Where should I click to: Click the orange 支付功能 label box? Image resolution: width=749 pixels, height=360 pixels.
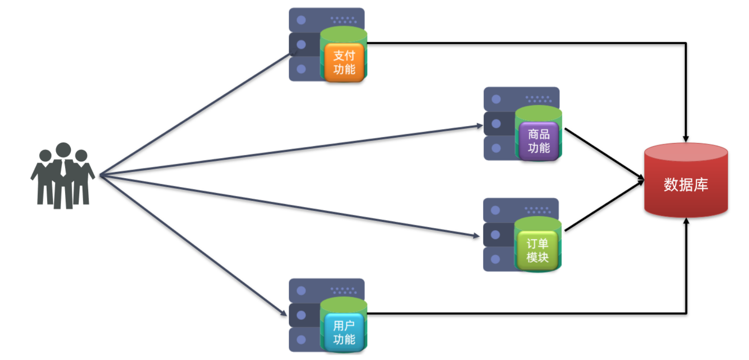click(x=344, y=62)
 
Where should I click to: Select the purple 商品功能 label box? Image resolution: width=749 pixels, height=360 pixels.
click(x=539, y=141)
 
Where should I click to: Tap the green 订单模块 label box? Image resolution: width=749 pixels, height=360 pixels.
click(x=537, y=250)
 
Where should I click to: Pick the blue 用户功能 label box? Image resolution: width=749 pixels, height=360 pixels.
click(x=344, y=332)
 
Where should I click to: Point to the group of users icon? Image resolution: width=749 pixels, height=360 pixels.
click(x=62, y=176)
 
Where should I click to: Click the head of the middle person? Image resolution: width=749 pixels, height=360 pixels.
click(x=63, y=150)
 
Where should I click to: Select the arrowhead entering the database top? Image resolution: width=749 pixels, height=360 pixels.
click(x=686, y=139)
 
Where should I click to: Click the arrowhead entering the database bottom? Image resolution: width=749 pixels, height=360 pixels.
click(x=686, y=221)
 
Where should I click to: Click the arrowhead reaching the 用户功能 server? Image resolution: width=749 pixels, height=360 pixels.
click(x=283, y=313)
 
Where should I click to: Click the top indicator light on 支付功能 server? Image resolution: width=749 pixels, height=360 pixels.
click(x=301, y=20)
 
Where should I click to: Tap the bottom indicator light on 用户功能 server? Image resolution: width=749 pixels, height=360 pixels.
click(x=301, y=340)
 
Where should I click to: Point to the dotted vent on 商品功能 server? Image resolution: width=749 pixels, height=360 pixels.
click(x=538, y=99)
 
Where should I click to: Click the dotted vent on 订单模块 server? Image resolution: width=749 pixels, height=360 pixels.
click(x=537, y=210)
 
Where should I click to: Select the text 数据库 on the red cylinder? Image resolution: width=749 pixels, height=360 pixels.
click(x=686, y=184)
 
